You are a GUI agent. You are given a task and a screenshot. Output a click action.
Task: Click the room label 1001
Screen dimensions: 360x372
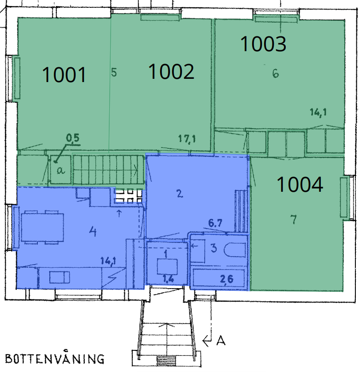(64, 75)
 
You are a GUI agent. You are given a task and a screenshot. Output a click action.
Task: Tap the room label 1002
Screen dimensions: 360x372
(171, 71)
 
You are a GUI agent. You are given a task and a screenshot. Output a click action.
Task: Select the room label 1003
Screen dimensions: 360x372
(263, 44)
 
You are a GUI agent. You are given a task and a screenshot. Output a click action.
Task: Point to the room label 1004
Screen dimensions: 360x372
(300, 184)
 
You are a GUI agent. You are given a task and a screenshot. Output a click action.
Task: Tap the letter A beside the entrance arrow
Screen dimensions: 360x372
(221, 341)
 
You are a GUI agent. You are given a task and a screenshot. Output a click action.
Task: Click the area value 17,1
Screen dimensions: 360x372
(187, 139)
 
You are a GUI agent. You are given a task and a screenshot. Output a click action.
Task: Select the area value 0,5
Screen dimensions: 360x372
(73, 138)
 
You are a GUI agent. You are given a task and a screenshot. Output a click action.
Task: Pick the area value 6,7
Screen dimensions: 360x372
(215, 223)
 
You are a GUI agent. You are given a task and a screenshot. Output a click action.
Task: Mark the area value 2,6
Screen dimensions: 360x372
(227, 279)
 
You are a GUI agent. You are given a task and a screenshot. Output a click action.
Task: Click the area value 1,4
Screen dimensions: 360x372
(168, 278)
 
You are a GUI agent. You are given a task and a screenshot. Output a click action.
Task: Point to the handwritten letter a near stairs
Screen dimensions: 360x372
(60, 170)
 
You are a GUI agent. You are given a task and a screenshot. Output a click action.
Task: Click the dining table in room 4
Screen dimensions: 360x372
(42, 227)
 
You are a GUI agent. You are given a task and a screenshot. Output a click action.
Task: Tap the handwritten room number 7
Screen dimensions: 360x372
(294, 219)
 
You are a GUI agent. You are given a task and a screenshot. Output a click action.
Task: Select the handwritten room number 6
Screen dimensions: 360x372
(276, 74)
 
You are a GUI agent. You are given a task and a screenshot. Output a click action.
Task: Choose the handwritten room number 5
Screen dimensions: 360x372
(114, 72)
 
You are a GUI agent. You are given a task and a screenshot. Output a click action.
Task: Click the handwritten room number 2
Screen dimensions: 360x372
(180, 194)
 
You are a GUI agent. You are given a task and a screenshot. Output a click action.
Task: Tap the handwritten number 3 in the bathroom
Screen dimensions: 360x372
(214, 248)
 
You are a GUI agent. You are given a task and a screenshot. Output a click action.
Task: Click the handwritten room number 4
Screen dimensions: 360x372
(93, 231)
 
